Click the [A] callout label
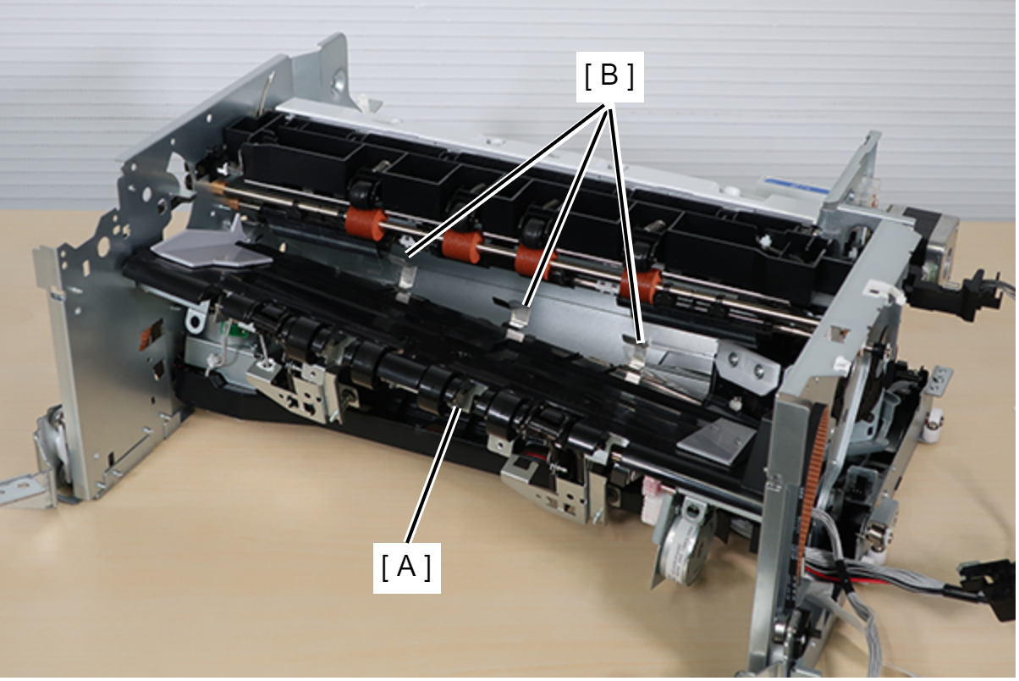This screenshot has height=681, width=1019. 407,567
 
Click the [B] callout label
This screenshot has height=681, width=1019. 609,76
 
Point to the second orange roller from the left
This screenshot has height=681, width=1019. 461,246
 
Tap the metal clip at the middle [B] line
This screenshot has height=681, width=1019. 519,324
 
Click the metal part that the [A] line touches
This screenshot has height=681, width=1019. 465,395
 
